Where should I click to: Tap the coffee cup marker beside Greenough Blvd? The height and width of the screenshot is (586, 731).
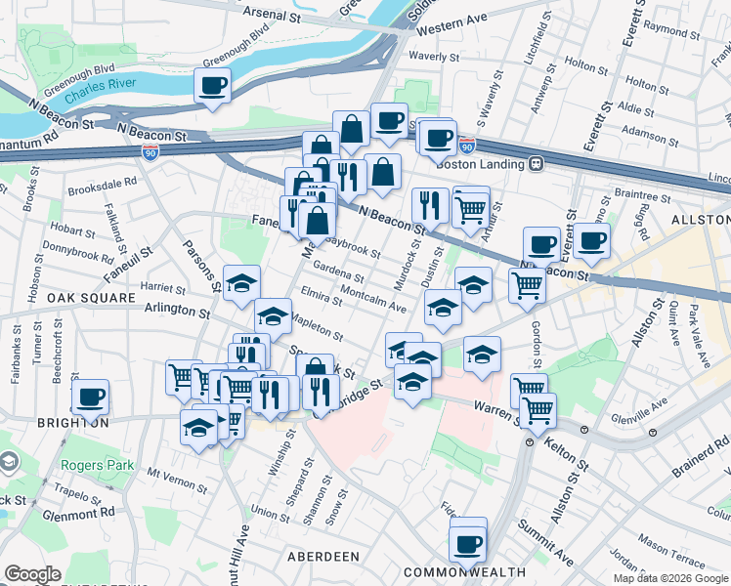tap(212, 86)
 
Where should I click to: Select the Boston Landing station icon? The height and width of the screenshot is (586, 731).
tap(536, 164)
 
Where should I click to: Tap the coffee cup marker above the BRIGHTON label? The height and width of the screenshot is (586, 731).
tap(91, 397)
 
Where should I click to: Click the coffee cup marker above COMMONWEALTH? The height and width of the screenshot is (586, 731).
tap(468, 542)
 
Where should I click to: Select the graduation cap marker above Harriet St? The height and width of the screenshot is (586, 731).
tap(241, 283)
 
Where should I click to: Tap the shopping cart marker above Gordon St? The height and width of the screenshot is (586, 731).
tap(527, 285)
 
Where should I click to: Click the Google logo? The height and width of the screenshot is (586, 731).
tap(33, 574)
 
